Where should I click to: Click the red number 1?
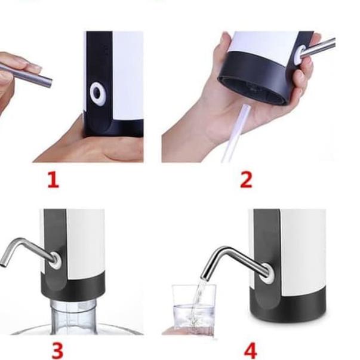click(53, 180)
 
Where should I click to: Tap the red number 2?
click(246, 180)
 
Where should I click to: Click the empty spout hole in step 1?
click(97, 94)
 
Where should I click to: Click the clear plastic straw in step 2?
click(235, 134)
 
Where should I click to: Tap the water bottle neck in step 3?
click(73, 315)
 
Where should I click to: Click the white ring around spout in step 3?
click(55, 260)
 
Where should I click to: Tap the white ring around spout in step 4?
click(267, 273)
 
